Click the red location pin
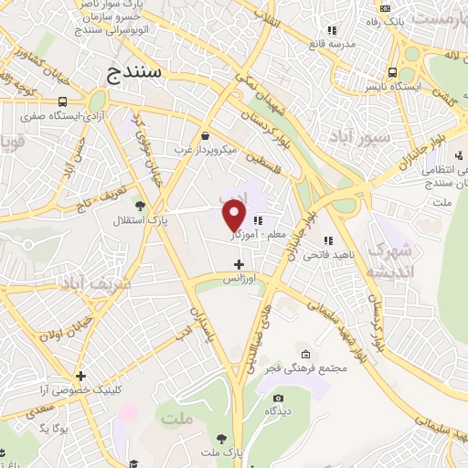click(x=235, y=216)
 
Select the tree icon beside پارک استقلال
click(x=139, y=206)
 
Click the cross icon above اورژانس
click(x=239, y=264)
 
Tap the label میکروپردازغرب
click(x=207, y=149)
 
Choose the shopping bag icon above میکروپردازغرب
click(x=205, y=135)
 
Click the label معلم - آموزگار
click(x=263, y=235)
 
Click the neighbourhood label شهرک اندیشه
click(x=391, y=261)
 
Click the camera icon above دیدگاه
click(x=279, y=398)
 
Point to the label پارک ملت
click(x=224, y=452)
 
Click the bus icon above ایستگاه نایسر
click(x=391, y=73)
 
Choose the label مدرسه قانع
click(x=331, y=42)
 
